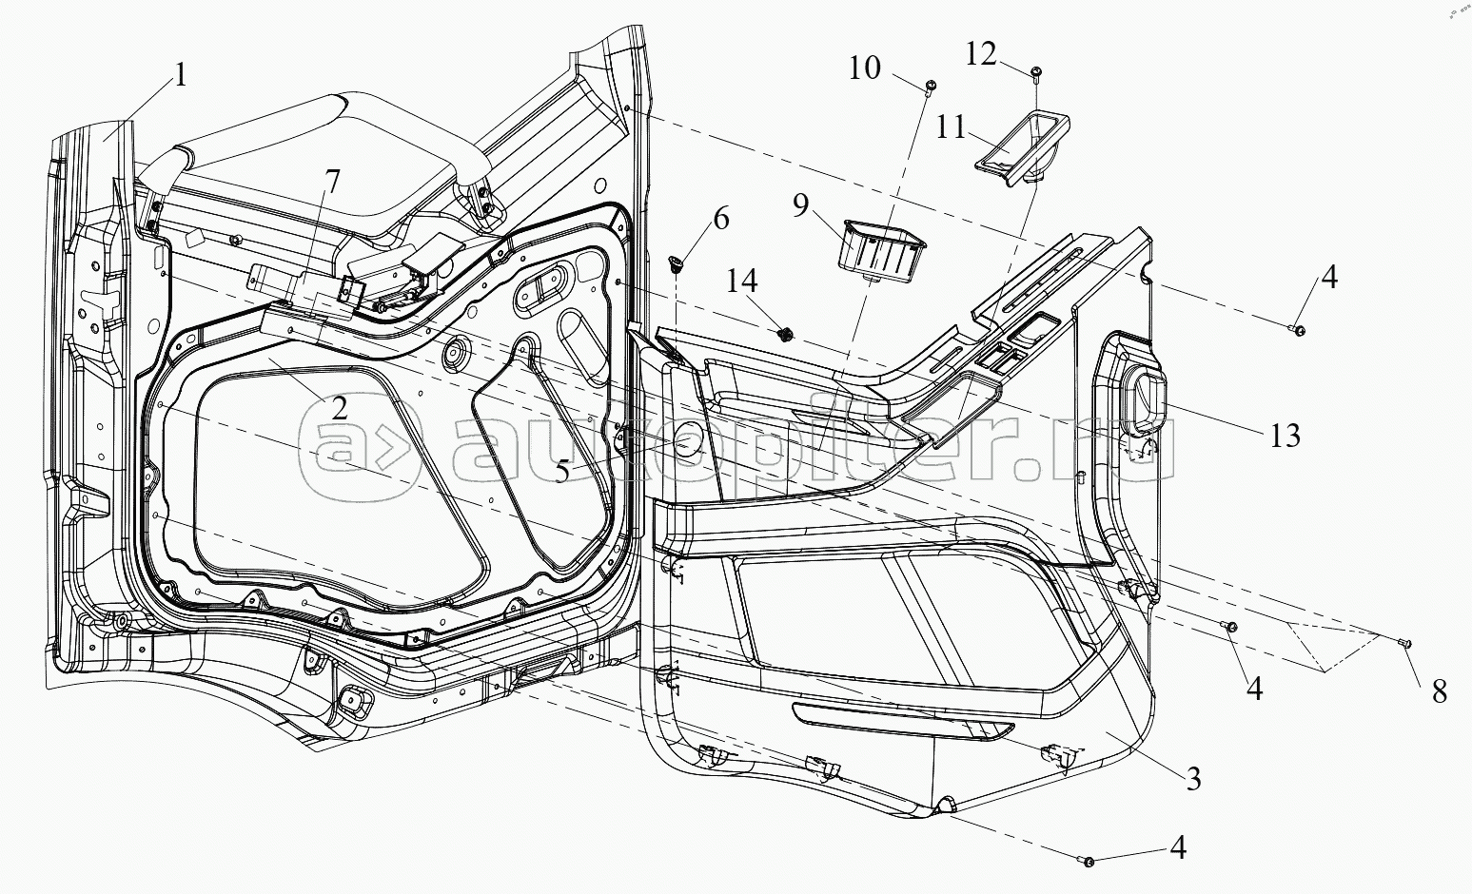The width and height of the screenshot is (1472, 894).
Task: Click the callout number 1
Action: (180, 75)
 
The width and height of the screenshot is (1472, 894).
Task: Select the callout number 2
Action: (339, 409)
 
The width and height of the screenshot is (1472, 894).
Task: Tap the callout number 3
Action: (1193, 779)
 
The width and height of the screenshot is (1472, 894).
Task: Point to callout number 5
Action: (561, 471)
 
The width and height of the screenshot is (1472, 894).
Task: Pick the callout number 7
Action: (332, 182)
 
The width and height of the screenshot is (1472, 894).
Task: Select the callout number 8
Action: (1439, 691)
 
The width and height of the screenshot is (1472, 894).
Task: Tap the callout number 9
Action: (800, 204)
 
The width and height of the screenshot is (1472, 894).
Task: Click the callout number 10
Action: (864, 68)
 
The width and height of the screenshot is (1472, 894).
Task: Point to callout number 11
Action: (951, 126)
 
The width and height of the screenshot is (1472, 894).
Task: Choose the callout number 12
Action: (980, 54)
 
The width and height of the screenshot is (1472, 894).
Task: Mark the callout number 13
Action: (1285, 436)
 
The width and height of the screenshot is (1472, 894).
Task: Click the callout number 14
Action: (742, 281)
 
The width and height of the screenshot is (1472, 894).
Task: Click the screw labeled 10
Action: (930, 87)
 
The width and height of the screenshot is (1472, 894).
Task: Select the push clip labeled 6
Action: (677, 264)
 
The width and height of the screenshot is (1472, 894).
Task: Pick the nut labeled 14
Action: (784, 335)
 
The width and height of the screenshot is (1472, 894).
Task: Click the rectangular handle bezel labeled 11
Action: (1021, 150)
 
